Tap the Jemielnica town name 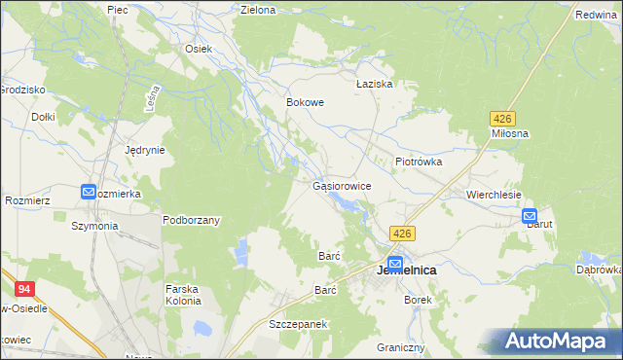pos(405,270)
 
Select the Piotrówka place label pos(419,162)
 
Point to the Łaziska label pos(374,85)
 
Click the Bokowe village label pos(305,101)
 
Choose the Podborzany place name pos(191,220)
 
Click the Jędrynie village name pos(145,151)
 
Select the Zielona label pos(258,10)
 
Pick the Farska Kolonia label pos(183,295)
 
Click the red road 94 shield pos(24,288)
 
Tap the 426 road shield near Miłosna pos(500,118)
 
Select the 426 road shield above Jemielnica pos(403,234)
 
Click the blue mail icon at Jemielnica pos(395,262)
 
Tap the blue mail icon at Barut pos(530,216)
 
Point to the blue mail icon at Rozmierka pos(89,193)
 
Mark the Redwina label pos(597,15)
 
